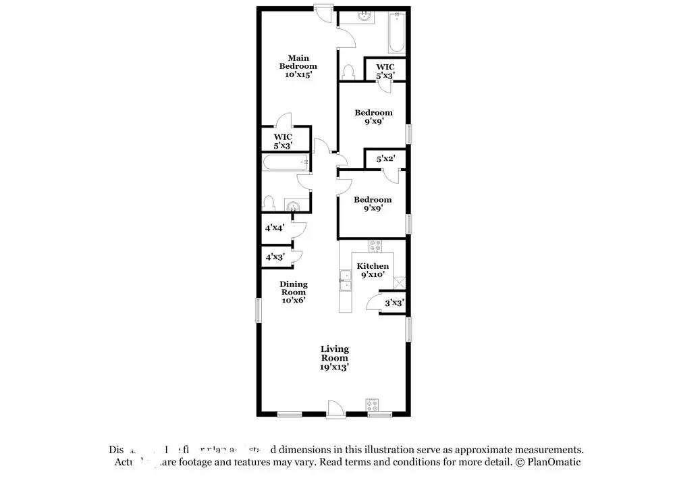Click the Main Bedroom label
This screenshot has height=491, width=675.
tap(298, 66)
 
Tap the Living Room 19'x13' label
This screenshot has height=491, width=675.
tap(335, 358)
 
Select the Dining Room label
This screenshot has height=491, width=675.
tap(294, 292)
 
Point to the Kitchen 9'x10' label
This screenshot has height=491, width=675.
tap(373, 270)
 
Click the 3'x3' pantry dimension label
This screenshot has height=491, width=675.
tap(394, 303)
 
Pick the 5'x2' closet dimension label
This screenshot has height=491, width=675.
tap(385, 159)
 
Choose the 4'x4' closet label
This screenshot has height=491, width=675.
tap(275, 228)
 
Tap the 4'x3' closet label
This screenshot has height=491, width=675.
tap(275, 257)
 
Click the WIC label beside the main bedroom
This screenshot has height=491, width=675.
tap(282, 140)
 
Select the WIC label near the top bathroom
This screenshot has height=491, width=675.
tap(385, 71)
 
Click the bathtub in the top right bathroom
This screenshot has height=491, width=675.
tap(396, 33)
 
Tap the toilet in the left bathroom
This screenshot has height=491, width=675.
tap(269, 203)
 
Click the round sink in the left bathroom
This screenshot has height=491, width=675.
tap(294, 206)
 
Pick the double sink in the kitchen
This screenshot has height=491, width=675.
tap(346, 280)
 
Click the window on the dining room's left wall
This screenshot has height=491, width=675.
tap(259, 310)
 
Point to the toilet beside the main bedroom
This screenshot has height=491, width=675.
tap(349, 71)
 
